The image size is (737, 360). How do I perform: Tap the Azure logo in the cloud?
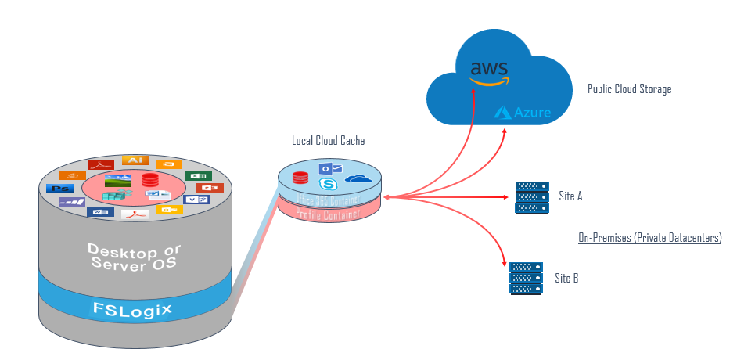(523, 113)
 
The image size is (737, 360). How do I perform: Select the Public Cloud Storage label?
(629, 89)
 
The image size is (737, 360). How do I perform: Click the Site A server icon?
(532, 197)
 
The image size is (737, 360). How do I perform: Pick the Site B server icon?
(526, 278)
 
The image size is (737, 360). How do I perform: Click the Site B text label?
(566, 278)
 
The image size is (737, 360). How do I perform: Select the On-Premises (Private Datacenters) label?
(649, 237)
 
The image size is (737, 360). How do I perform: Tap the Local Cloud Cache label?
(328, 141)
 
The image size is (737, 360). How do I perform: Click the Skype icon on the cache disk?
(328, 184)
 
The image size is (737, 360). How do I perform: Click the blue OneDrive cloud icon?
(358, 179)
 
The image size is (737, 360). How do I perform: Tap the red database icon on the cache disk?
(300, 178)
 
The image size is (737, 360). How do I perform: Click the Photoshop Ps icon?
(56, 189)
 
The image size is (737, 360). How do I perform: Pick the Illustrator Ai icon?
(134, 160)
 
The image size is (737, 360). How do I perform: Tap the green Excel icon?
(197, 176)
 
